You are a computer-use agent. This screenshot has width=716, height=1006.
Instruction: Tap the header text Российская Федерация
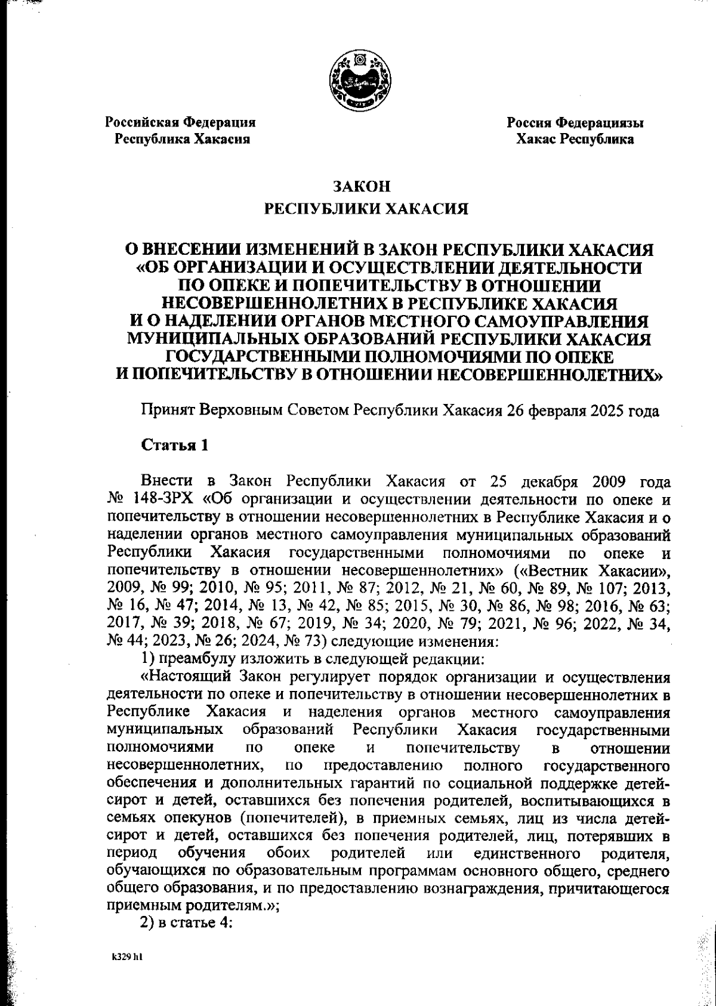pos(181,123)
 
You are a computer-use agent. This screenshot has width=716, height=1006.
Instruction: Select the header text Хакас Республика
pos(575,140)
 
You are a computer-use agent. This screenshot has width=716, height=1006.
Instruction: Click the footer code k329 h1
pos(126,956)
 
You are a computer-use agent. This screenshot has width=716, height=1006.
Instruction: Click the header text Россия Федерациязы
pos(575,123)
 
